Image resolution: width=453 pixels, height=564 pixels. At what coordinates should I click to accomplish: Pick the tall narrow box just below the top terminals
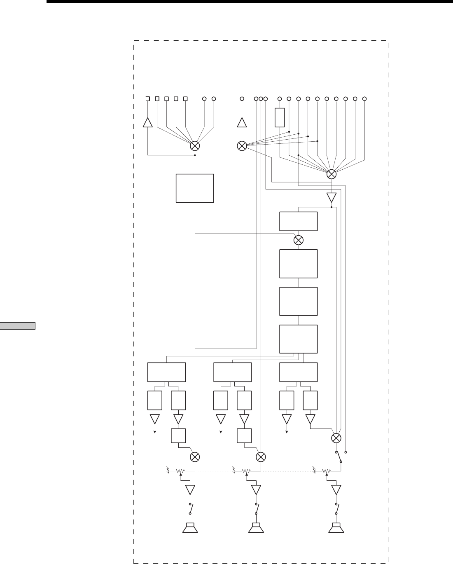[x=280, y=117]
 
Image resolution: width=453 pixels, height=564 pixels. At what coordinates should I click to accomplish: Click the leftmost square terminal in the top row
[x=148, y=99]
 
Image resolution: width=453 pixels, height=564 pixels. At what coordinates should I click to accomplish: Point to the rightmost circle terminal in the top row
[x=364, y=99]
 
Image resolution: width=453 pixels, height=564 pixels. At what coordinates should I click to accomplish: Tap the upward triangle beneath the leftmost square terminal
[x=148, y=122]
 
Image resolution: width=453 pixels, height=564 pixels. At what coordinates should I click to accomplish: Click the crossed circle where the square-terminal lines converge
[x=195, y=146]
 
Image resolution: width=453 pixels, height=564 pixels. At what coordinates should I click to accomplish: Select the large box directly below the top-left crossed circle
[x=195, y=188]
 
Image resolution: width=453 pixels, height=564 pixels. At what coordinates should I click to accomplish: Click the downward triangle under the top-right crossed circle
[x=332, y=197]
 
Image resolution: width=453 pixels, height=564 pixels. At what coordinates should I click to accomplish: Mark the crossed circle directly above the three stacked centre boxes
[x=299, y=240]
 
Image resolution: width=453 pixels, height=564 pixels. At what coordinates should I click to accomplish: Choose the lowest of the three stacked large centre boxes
[x=299, y=339]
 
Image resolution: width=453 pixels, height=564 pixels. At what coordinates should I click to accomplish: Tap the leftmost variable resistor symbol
[x=180, y=470]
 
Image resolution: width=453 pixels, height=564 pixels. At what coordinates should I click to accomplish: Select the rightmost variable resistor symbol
[x=327, y=470]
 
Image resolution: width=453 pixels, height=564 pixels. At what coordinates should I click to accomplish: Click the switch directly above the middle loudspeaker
[x=256, y=509]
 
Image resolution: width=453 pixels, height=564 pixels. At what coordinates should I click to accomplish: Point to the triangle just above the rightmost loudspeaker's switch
[x=336, y=490]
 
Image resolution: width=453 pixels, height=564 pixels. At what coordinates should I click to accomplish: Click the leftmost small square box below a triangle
[x=178, y=436]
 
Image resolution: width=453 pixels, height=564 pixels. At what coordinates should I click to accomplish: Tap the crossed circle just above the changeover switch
[x=336, y=438]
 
